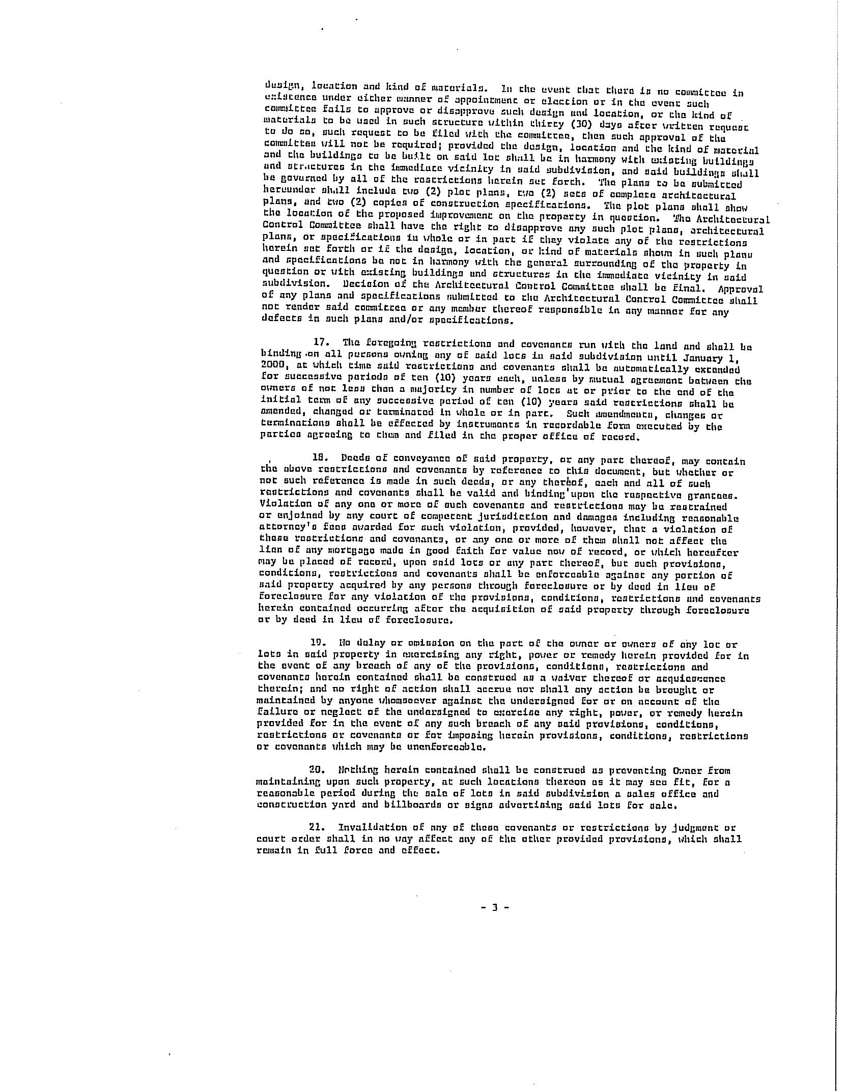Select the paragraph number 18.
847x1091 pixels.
(x=320, y=457)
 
